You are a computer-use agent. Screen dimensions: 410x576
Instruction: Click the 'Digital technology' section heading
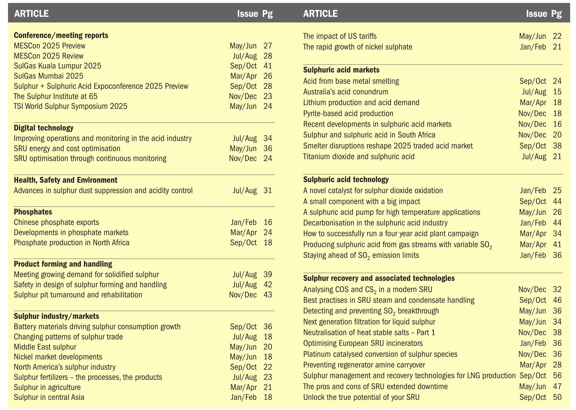point(44,128)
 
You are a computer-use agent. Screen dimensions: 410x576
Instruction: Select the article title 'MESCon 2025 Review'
point(49,56)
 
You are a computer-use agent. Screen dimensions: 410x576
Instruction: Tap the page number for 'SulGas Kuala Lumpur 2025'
point(268,66)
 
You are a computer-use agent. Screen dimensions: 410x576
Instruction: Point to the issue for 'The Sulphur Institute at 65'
point(243,96)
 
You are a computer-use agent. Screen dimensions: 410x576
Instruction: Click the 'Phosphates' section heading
point(33,212)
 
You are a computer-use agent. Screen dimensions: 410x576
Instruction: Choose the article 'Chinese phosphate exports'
point(56,222)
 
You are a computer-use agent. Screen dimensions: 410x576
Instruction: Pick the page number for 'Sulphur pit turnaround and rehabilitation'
point(268,295)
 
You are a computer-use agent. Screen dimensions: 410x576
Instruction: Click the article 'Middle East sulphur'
point(45,347)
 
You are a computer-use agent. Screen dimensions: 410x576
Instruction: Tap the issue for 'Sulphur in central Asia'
point(244,397)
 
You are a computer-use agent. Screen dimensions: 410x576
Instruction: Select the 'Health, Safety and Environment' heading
point(66,180)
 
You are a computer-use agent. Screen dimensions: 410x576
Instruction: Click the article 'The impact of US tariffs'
point(340,36)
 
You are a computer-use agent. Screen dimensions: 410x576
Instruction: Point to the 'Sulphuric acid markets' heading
point(341,70)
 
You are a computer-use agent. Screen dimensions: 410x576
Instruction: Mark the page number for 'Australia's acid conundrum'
point(557,92)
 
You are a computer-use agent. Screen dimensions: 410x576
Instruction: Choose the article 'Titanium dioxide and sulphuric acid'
point(359,156)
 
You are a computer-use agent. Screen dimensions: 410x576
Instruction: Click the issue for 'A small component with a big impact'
point(533,201)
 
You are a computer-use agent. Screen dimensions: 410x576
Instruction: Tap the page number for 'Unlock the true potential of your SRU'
point(557,397)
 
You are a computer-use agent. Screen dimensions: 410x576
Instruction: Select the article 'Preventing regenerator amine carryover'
point(364,365)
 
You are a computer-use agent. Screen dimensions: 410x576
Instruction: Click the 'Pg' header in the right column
point(556,13)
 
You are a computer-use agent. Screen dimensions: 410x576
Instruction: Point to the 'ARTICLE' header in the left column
point(31,13)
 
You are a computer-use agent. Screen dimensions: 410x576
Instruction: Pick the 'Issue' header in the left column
point(248,13)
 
